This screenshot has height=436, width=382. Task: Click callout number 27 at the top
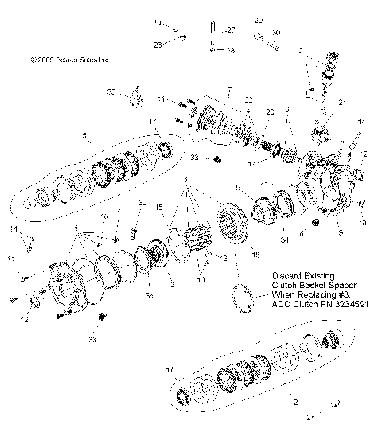[232, 29]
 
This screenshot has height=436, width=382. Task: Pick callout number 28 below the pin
[230, 49]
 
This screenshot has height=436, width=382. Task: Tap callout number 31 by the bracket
[302, 51]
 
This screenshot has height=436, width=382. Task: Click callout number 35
[111, 92]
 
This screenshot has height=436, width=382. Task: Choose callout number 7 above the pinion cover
[228, 88]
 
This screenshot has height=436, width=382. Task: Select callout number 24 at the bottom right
[311, 415]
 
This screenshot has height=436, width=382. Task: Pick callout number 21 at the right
[343, 103]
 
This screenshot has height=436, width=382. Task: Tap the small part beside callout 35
[135, 99]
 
